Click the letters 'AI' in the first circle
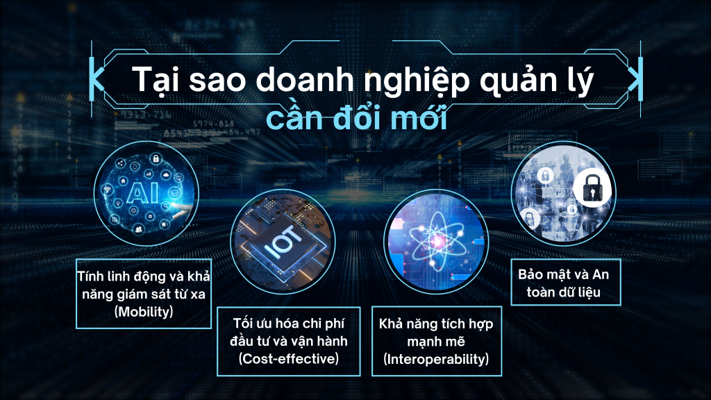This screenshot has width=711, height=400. pyautogui.click(x=142, y=193)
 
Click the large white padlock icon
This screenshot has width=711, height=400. pyautogui.click(x=592, y=188)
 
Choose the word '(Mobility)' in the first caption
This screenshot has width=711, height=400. pyautogui.click(x=144, y=312)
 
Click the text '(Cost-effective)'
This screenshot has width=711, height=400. pyautogui.click(x=289, y=359)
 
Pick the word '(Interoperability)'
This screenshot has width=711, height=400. pyautogui.click(x=436, y=359)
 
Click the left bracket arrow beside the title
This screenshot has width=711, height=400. pyautogui.click(x=97, y=78)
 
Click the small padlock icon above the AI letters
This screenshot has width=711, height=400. pyautogui.click(x=156, y=158)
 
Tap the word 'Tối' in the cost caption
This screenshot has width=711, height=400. pyautogui.click(x=243, y=323)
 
